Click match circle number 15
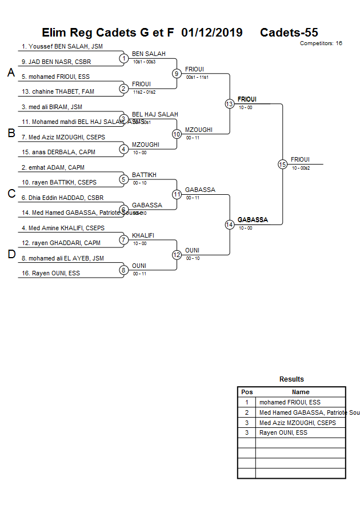tap(282, 164)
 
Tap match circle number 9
tap(177, 73)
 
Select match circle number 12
tap(177, 255)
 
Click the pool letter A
tap(11, 73)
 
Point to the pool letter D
tap(11, 255)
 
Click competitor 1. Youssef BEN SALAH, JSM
tap(62, 47)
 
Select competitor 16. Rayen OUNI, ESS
tap(50, 274)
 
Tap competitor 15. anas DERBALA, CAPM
tap(58, 153)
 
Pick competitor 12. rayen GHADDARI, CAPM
tap(61, 243)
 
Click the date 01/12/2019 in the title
tap(211, 33)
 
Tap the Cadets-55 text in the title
tap(289, 33)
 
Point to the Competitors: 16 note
tap(321, 43)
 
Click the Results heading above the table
tap(291, 379)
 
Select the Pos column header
tap(247, 392)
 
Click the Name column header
tap(301, 392)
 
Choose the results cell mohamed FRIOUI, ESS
tap(290, 403)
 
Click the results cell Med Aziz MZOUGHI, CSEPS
tap(297, 423)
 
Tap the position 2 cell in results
tap(247, 413)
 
